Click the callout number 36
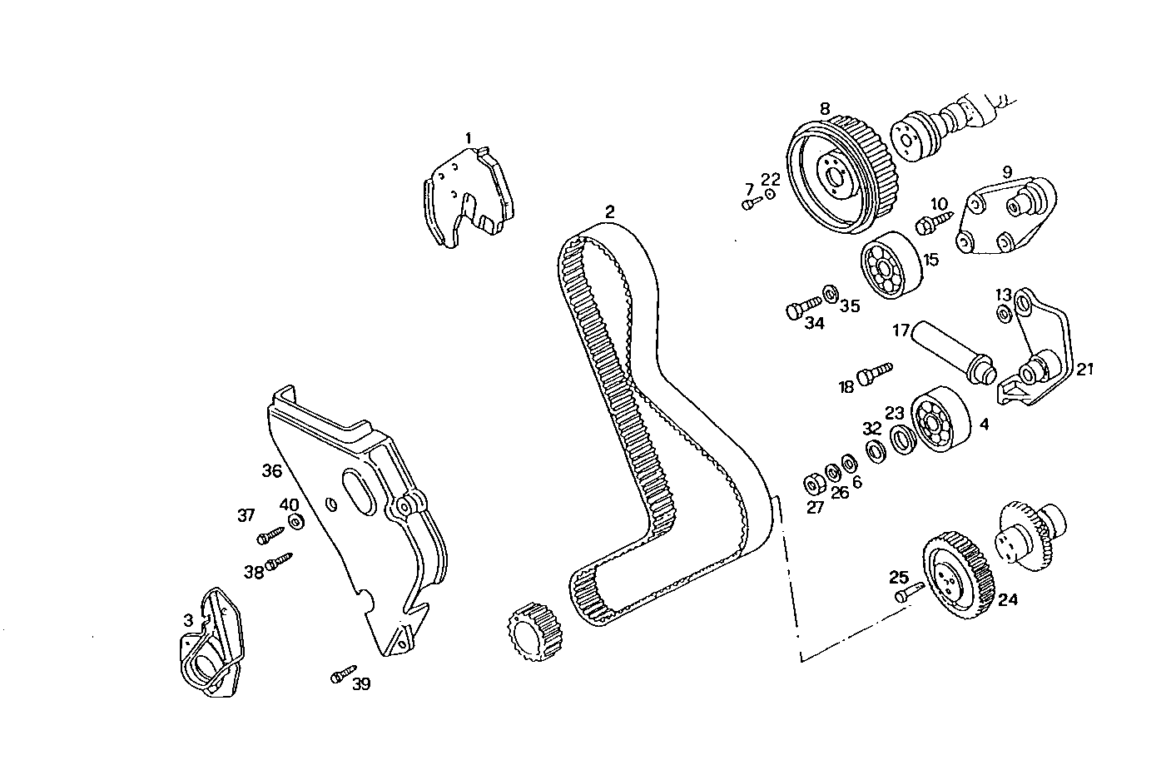pyautogui.click(x=272, y=470)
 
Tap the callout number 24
pyautogui.click(x=1008, y=599)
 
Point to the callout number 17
pyautogui.click(x=901, y=330)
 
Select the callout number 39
pyautogui.click(x=361, y=684)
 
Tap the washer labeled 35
pyautogui.click(x=831, y=294)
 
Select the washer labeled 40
pyautogui.click(x=295, y=523)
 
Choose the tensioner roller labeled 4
pyautogui.click(x=940, y=422)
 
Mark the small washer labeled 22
pyautogui.click(x=770, y=193)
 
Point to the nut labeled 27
pyautogui.click(x=813, y=484)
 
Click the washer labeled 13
pyautogui.click(x=1004, y=313)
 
